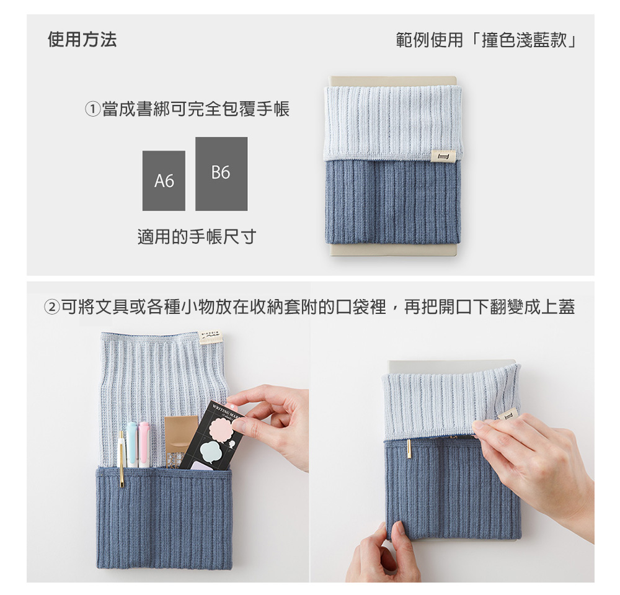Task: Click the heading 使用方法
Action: pos(82,40)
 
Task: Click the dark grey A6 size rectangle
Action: pos(164,181)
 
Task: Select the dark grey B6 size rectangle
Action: pos(221,174)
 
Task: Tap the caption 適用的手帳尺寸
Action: pos(197,236)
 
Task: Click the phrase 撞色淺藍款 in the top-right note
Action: pos(524,40)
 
